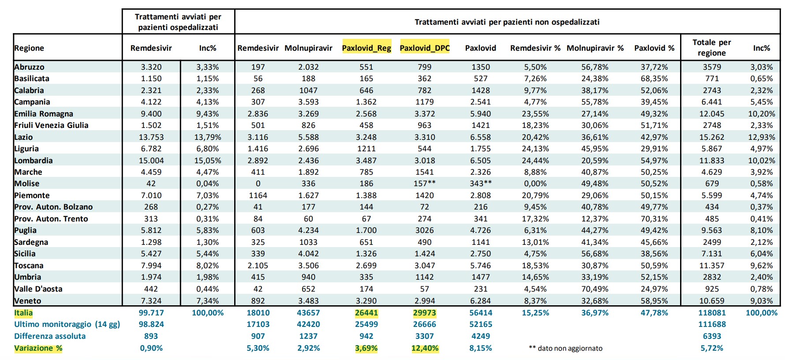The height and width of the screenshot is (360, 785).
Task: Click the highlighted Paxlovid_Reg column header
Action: tap(366, 48)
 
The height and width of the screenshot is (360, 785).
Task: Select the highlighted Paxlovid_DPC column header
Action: tap(425, 48)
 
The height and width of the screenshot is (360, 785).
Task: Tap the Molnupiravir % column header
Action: tap(595, 48)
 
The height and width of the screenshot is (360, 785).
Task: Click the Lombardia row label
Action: tap(34, 161)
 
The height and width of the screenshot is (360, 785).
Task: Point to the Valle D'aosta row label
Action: tap(38, 289)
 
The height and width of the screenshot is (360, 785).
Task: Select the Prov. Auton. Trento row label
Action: tap(51, 219)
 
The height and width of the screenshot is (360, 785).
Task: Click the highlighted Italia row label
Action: tap(23, 313)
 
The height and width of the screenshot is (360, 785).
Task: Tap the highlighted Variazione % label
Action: tap(38, 348)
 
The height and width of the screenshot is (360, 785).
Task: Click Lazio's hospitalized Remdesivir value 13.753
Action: tap(151, 137)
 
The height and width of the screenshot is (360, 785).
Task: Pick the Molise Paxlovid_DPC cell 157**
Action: tap(425, 184)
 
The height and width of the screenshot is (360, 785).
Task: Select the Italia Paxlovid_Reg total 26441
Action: tap(366, 313)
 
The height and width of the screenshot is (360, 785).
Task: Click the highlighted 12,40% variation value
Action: tap(425, 348)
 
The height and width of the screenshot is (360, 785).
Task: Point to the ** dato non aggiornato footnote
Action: tap(565, 348)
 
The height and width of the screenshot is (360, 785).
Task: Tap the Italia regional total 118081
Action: tap(712, 313)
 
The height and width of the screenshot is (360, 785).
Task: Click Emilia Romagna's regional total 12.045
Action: tap(712, 114)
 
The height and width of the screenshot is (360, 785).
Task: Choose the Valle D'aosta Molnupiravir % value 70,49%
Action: tap(595, 289)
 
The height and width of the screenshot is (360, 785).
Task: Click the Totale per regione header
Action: tap(712, 48)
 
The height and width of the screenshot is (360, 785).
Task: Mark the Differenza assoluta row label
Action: tap(50, 336)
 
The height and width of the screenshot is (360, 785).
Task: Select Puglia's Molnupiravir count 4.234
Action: tap(308, 230)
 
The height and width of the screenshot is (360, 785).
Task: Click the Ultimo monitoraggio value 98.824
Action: tap(151, 324)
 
